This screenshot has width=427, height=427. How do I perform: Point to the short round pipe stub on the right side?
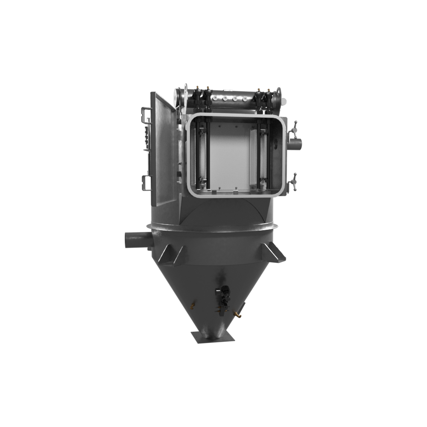pyautogui.click(x=295, y=144)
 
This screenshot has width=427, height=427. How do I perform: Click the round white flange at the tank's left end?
pyautogui.click(x=178, y=95)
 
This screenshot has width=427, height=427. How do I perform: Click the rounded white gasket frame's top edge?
pyautogui.click(x=235, y=115)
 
